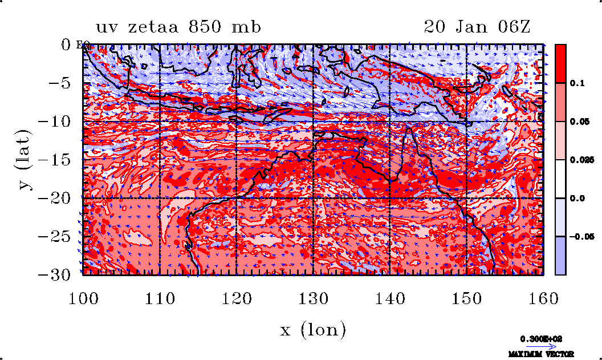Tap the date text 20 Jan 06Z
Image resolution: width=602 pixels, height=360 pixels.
(477, 27)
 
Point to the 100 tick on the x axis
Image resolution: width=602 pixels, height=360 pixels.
(83, 298)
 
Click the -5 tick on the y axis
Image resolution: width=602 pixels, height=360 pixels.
(59, 83)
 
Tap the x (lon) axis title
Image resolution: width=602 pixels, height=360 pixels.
(312, 330)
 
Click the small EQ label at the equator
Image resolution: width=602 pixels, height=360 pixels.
(81, 46)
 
